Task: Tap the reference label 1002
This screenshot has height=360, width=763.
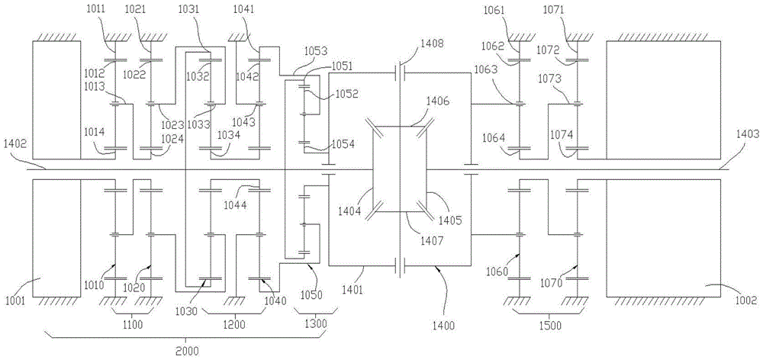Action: (746, 301)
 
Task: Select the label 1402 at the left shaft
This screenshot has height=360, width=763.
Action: (14, 143)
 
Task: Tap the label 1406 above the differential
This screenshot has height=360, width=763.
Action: (438, 100)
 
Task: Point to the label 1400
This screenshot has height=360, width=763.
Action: (442, 326)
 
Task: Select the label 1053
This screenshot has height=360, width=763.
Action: (314, 50)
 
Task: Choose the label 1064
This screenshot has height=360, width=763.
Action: (494, 137)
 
